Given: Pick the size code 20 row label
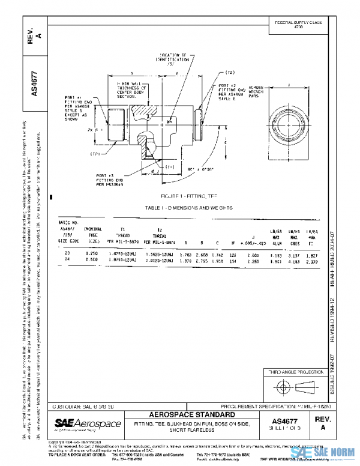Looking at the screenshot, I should [67, 254].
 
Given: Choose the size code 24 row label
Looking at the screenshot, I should [67, 260].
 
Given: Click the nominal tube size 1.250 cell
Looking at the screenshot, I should [91, 254].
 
